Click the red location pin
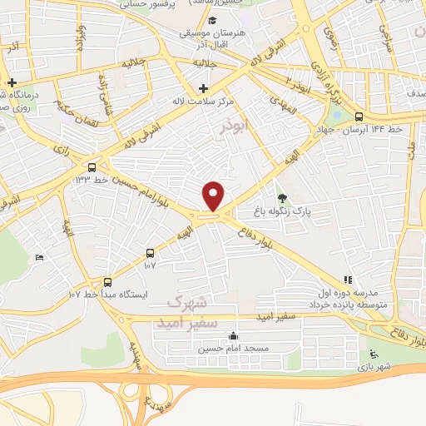214,196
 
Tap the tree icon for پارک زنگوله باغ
283,198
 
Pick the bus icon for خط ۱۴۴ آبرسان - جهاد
359,116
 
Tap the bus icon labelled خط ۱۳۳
103,166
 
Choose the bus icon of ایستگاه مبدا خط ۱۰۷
107,281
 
